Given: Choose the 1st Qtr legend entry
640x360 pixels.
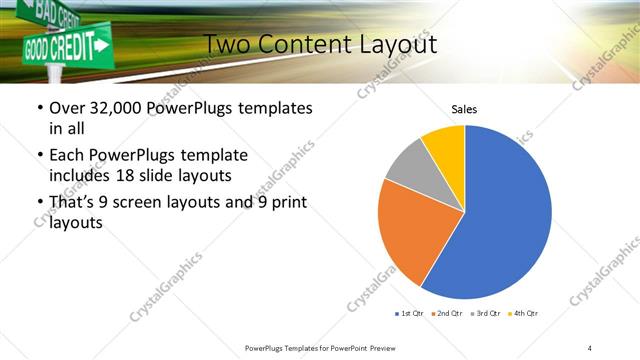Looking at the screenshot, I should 409,314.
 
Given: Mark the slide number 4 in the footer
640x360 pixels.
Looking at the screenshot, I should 590,346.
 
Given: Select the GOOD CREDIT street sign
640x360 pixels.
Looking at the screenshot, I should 65,46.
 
